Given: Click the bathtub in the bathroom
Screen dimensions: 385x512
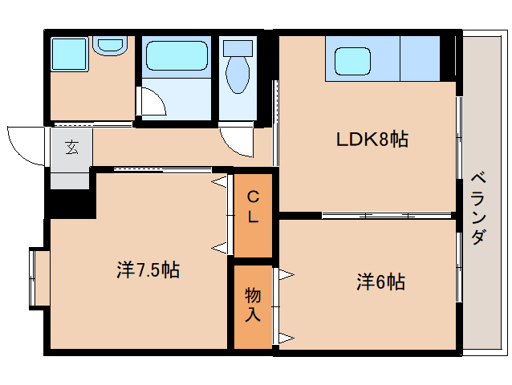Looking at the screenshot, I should click(x=176, y=57).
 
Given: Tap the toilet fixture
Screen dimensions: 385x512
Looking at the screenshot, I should click(x=238, y=75).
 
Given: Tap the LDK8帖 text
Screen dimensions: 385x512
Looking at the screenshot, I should click(x=372, y=140).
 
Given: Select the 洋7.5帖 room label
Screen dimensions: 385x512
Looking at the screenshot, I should click(x=147, y=269).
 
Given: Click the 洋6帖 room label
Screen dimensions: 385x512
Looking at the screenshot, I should click(x=380, y=282).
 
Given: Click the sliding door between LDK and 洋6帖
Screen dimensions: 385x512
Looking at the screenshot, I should click(x=369, y=216).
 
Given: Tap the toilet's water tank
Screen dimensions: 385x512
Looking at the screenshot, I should click(x=238, y=47).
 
